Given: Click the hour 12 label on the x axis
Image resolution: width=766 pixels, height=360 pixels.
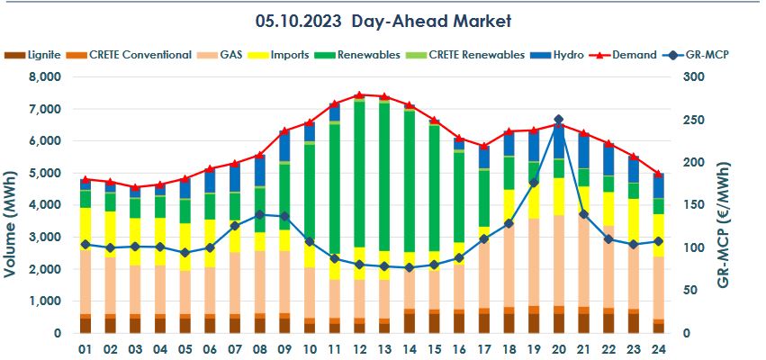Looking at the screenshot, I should (359, 348).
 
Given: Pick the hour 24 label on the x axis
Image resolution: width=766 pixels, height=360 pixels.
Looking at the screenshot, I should (658, 348).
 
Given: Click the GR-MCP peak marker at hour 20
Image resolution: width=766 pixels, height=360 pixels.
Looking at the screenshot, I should (558, 120).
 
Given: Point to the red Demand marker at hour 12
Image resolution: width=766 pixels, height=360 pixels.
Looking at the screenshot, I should (359, 94).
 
